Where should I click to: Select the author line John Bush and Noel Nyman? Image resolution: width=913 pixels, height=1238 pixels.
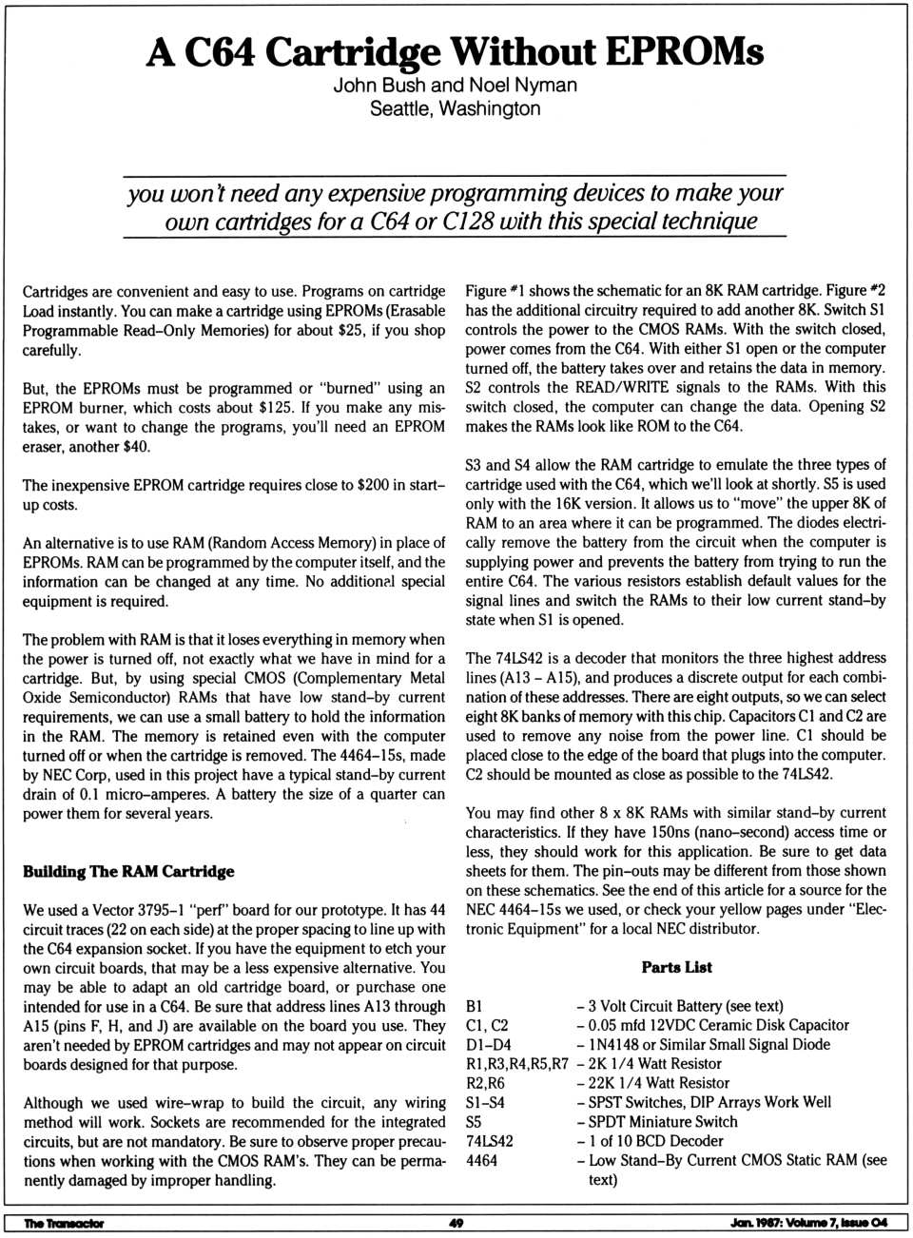[x=455, y=85]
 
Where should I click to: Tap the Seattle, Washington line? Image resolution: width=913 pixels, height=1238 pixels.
[x=455, y=108]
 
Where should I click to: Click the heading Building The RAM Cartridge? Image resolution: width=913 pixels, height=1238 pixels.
[x=128, y=871]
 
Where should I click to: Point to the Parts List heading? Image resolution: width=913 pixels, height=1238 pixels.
[x=676, y=967]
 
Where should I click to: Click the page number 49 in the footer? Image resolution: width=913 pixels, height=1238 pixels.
[x=456, y=1223]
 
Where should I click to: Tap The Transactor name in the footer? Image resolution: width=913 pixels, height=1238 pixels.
[x=64, y=1223]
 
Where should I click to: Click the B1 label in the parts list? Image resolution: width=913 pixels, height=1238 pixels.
[x=475, y=1006]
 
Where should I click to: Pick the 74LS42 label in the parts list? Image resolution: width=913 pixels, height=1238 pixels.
[x=489, y=1141]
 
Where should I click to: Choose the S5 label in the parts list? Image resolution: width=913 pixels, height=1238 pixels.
[x=475, y=1122]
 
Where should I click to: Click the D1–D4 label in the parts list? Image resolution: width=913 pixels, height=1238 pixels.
[x=488, y=1044]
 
